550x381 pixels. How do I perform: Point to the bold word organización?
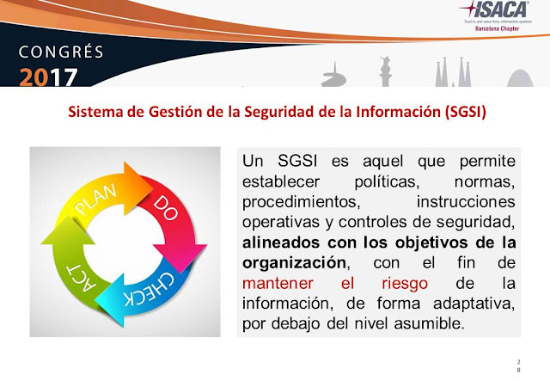(295, 261)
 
